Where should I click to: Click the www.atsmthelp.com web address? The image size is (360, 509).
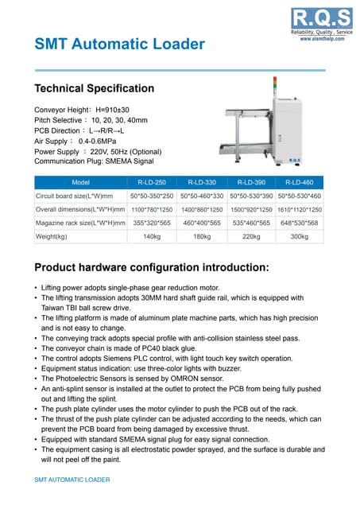323,38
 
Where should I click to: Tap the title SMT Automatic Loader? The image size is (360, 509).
119,45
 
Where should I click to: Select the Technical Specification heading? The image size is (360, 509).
95,88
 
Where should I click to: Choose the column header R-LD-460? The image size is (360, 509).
299,181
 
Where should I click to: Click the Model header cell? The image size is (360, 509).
80,181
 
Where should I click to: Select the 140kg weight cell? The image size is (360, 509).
152,236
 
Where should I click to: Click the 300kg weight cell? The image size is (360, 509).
299,236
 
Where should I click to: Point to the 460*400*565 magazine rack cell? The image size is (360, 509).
202,223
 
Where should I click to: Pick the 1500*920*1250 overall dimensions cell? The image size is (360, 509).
250,209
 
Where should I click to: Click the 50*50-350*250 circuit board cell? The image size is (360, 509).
152,195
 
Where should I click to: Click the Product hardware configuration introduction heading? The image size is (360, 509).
152,266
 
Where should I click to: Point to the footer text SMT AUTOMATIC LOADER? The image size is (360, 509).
72,480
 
